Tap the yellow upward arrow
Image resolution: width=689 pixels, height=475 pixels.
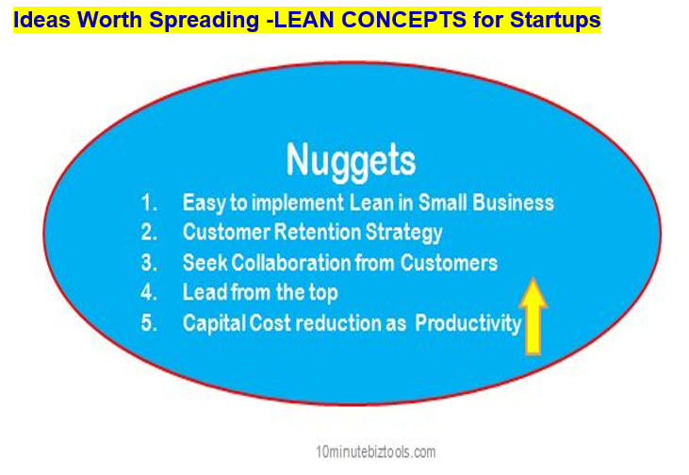point(533,316)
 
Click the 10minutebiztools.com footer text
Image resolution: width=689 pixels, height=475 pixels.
point(376,451)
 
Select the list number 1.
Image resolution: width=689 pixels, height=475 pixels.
point(149,203)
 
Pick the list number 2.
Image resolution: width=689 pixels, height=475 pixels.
point(149,232)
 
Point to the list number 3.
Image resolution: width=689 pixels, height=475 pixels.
point(149,263)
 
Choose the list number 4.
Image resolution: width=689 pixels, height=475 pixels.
point(149,292)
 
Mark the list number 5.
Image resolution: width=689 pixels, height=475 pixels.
point(149,323)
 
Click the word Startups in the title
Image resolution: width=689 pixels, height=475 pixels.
point(555,20)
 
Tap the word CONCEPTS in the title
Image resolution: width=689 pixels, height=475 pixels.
point(403,20)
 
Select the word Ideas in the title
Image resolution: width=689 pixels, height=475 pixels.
point(41,20)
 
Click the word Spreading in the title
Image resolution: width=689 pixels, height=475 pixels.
point(204,20)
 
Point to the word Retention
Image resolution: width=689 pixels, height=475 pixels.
point(318,232)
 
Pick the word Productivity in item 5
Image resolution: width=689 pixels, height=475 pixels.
point(468,324)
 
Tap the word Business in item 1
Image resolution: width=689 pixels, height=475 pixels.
point(514,203)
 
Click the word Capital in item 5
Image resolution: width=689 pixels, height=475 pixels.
point(214,324)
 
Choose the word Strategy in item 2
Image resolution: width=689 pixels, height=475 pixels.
point(403,233)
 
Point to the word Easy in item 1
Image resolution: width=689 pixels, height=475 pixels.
point(205,204)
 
